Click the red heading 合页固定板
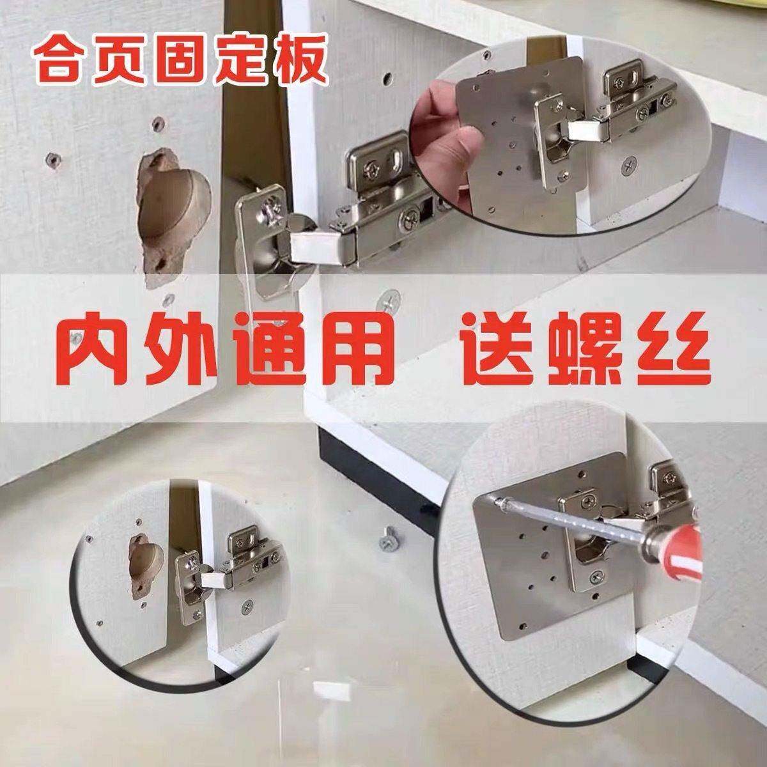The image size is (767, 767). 180,61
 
